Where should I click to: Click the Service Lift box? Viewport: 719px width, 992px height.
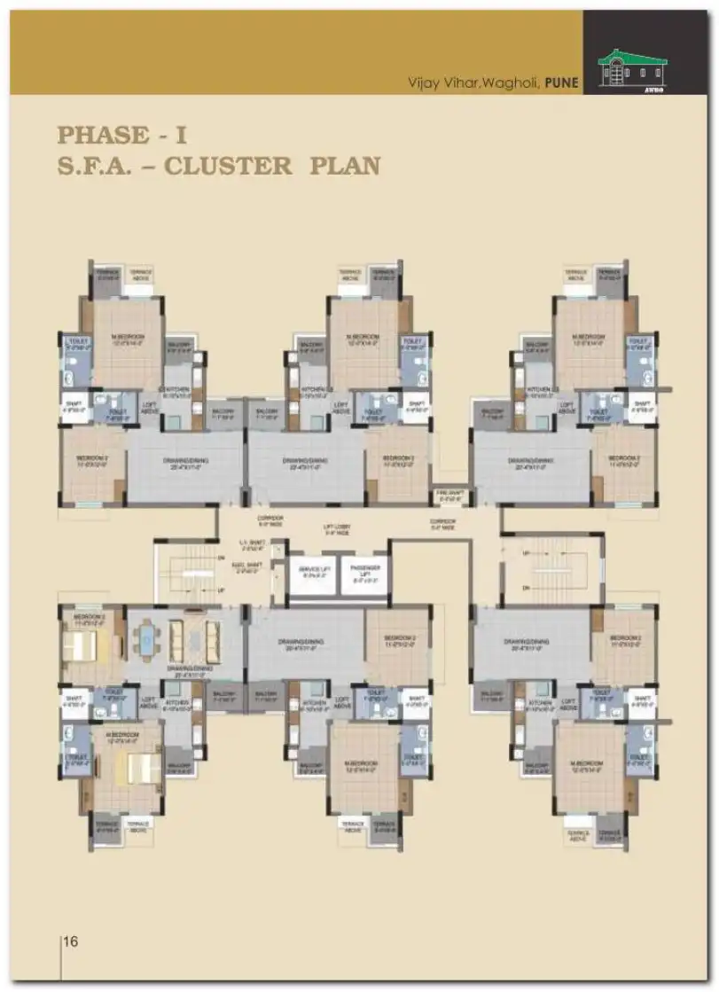pos(311,574)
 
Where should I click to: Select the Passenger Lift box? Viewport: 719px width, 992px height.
pos(365,574)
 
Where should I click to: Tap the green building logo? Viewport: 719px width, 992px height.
pos(633,66)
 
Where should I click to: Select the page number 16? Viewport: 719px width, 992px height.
pos(73,941)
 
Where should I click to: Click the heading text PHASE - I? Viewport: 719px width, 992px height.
pos(121,135)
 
